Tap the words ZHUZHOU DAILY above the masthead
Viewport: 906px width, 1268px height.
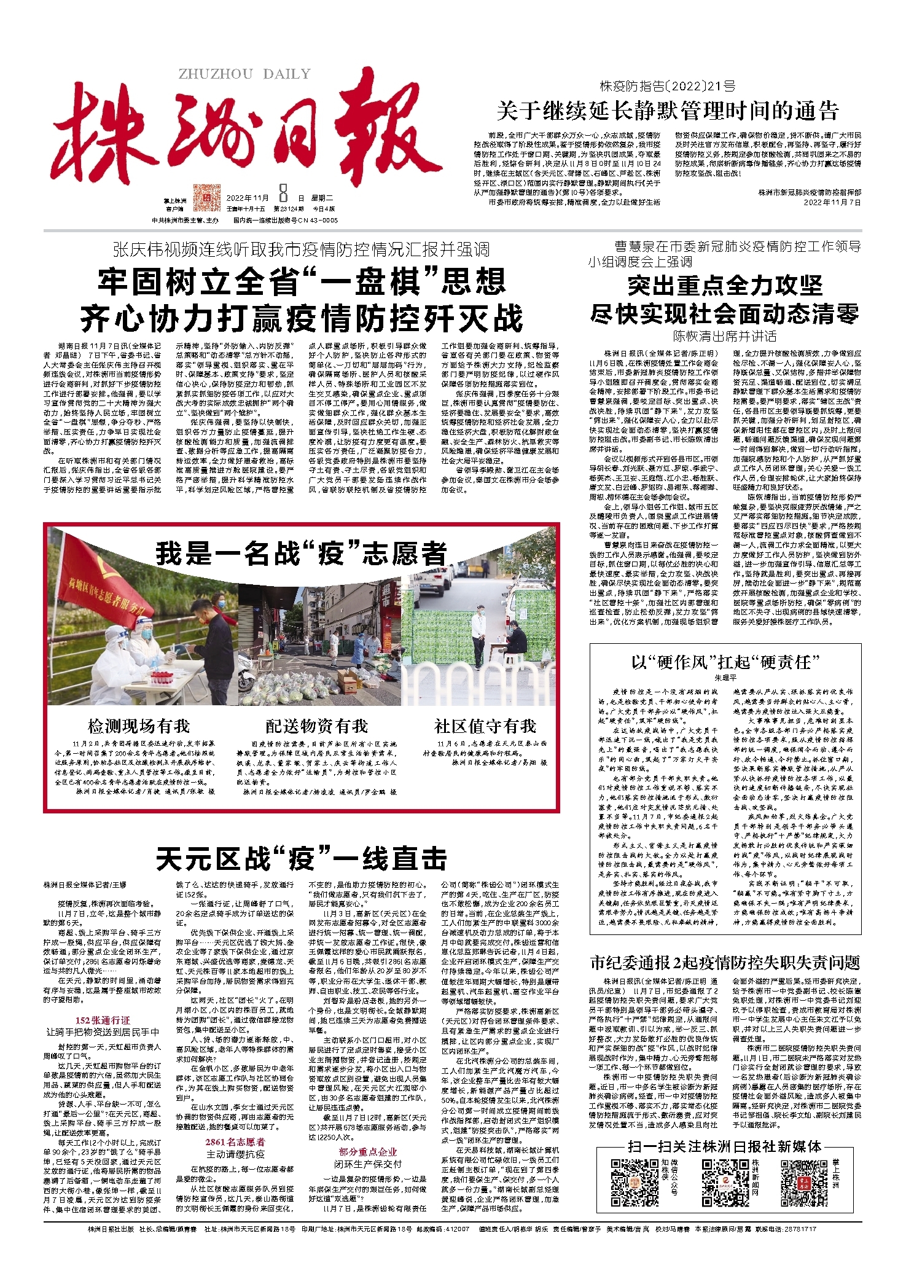tap(244, 74)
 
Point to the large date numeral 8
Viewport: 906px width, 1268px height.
tap(283, 195)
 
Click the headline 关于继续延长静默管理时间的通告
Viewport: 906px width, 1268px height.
tap(667, 112)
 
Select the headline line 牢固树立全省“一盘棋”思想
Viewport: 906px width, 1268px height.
tap(302, 282)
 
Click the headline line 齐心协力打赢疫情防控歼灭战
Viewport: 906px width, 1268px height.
tap(302, 318)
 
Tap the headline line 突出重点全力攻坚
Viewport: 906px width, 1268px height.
tap(725, 286)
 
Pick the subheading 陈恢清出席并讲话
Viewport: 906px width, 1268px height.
tap(725, 336)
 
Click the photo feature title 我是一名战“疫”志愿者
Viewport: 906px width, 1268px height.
tap(301, 553)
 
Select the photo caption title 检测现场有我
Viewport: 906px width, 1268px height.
tap(139, 726)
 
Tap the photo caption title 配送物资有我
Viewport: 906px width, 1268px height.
tap(316, 726)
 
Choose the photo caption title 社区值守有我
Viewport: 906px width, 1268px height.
tap(485, 726)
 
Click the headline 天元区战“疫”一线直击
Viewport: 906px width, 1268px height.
tap(301, 859)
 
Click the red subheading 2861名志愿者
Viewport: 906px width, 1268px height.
tap(235, 1142)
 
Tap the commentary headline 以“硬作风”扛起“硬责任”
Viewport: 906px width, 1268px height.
tap(725, 662)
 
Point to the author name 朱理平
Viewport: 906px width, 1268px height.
tap(725, 678)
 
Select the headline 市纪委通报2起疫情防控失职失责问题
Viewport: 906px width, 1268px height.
tap(725, 963)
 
